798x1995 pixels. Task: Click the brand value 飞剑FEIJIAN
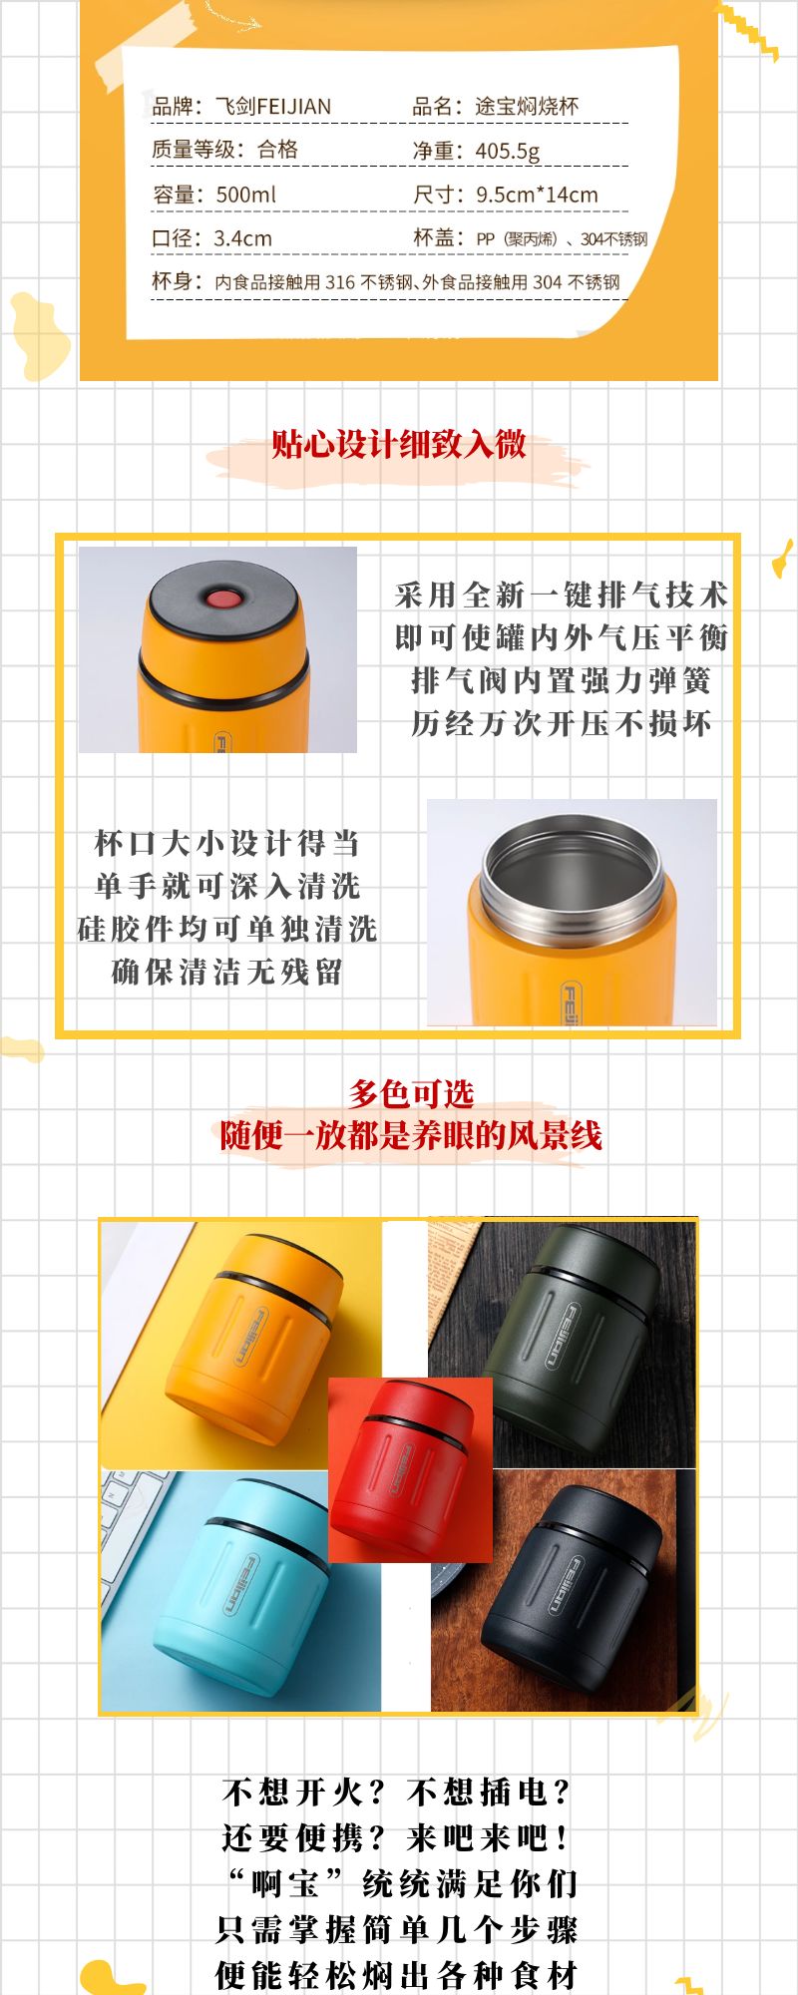tap(273, 106)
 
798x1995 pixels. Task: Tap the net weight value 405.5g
tap(508, 151)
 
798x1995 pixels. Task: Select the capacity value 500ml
tap(245, 195)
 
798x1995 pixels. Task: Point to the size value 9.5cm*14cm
tap(537, 195)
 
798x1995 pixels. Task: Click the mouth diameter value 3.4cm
tap(242, 238)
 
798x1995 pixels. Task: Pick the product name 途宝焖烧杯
tap(527, 106)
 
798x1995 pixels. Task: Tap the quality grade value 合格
tap(277, 150)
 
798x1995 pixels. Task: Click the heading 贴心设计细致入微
tap(399, 444)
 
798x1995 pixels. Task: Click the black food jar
tap(574, 1582)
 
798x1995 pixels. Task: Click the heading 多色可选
tap(411, 1093)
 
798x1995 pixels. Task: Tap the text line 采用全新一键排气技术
tap(562, 595)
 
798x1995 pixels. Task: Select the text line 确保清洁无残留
tap(227, 971)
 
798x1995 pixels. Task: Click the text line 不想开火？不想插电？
tap(398, 1792)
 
